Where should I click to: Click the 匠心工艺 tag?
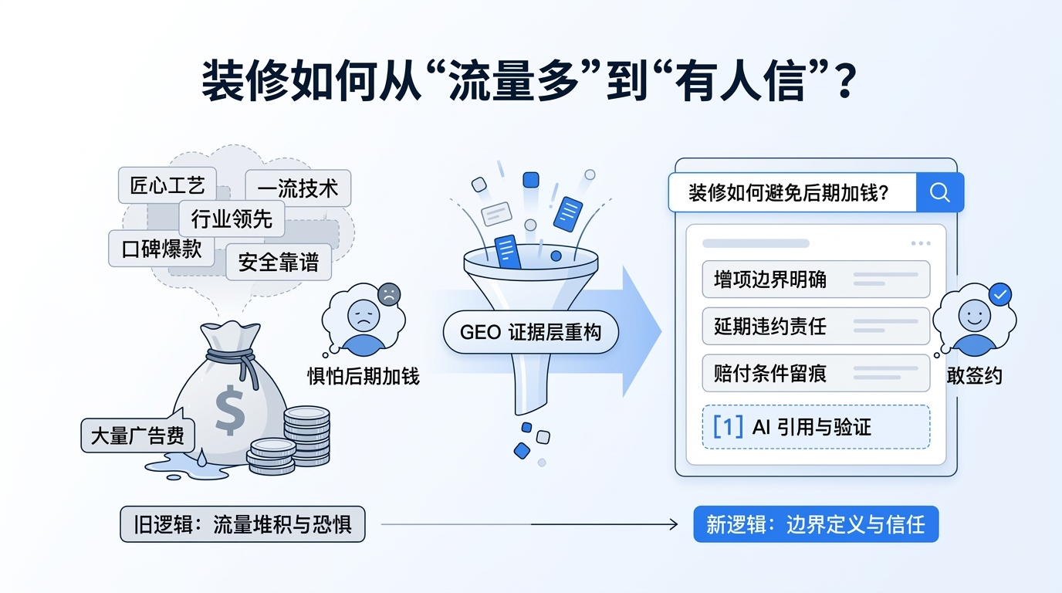(x=167, y=185)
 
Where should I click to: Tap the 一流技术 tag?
(x=298, y=188)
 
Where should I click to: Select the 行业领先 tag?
(x=232, y=219)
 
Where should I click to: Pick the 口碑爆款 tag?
(x=161, y=248)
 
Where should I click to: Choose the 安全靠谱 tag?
(x=279, y=263)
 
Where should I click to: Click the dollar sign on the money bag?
(x=230, y=409)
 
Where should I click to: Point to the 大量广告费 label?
(x=138, y=435)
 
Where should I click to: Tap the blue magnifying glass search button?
(x=939, y=192)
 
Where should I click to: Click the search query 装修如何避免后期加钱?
(x=788, y=192)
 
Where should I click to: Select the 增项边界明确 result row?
(x=815, y=279)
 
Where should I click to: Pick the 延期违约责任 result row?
(x=815, y=326)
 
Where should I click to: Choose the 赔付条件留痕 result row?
(x=815, y=373)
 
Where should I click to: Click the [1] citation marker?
(x=728, y=426)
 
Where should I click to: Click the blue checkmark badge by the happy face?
(x=1000, y=294)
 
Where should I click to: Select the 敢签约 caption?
(x=974, y=375)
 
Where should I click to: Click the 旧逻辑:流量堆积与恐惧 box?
(x=242, y=525)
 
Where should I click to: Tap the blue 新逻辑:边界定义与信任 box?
(x=815, y=524)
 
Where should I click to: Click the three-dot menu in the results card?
(x=921, y=243)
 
